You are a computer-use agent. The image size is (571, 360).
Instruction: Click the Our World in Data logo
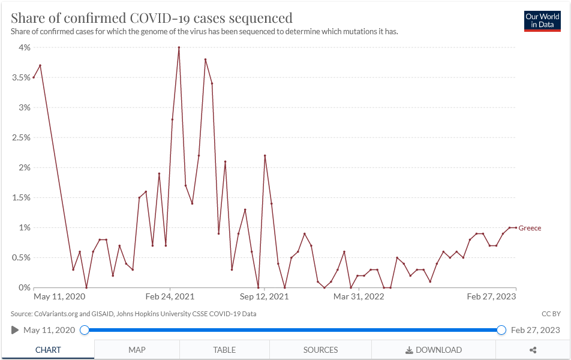(542, 21)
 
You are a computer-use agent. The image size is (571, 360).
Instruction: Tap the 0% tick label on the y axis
(24, 287)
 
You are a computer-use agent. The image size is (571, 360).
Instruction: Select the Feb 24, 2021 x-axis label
(170, 296)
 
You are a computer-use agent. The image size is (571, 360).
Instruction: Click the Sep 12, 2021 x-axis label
(265, 296)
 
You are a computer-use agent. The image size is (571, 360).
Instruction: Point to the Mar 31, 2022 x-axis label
(359, 296)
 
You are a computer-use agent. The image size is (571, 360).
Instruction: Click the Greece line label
(530, 228)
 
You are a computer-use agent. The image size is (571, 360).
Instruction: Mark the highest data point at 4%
(179, 47)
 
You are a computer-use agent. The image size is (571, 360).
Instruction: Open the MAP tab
(137, 350)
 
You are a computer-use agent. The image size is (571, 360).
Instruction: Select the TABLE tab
(224, 350)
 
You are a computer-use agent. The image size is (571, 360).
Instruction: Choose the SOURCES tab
(320, 350)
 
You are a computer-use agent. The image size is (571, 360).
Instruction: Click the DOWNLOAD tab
(434, 350)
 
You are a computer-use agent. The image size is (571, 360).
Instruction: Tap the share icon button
(533, 350)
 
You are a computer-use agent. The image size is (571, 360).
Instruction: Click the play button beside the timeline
(15, 330)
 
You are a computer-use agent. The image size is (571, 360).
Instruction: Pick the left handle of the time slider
(85, 330)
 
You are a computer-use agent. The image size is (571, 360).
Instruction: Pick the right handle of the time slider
(501, 330)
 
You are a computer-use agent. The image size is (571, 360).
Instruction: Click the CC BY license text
(551, 314)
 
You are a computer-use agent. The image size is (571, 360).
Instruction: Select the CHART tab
(47, 350)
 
